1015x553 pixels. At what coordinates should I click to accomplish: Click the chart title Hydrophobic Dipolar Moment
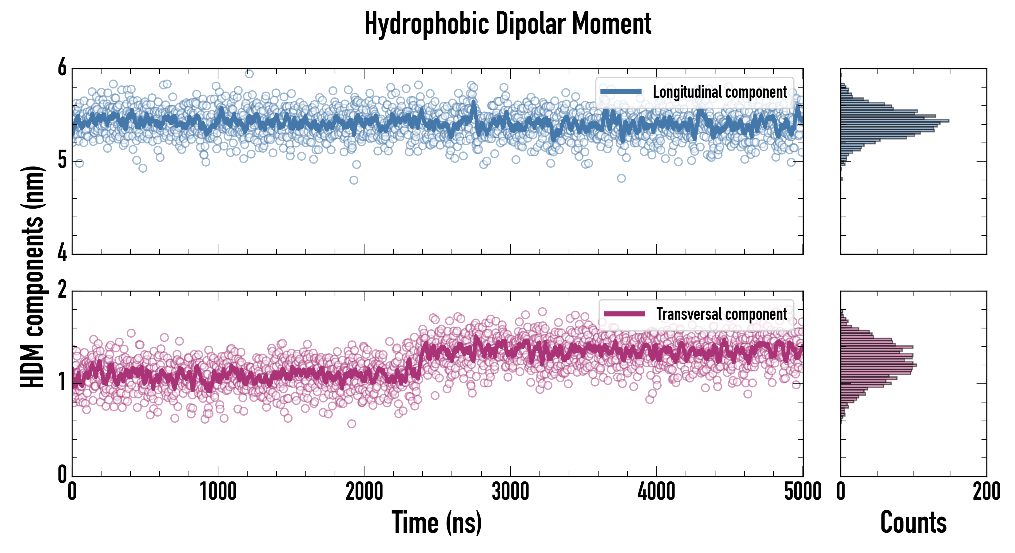click(x=507, y=24)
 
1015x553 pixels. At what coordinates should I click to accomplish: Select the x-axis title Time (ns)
click(x=436, y=523)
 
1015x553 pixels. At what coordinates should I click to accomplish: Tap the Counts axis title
click(x=913, y=523)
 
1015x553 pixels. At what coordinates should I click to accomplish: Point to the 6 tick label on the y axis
click(x=62, y=68)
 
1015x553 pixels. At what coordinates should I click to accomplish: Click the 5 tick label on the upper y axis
click(x=62, y=161)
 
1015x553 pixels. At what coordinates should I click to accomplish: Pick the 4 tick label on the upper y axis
click(x=62, y=253)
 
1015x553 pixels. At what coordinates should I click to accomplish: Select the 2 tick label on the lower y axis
click(x=62, y=290)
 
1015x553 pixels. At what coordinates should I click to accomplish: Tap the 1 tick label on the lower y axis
click(x=62, y=382)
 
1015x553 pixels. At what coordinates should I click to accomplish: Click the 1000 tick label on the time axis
click(x=218, y=492)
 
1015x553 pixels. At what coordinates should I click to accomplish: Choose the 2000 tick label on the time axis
click(x=364, y=492)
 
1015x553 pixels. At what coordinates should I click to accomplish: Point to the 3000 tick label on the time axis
click(x=510, y=492)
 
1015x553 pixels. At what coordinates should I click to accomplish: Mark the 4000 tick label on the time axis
click(x=656, y=492)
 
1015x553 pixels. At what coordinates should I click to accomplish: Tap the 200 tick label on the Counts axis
click(x=986, y=492)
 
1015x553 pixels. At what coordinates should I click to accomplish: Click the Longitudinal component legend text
click(x=719, y=92)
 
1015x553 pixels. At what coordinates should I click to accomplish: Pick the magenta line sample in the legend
click(x=624, y=314)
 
